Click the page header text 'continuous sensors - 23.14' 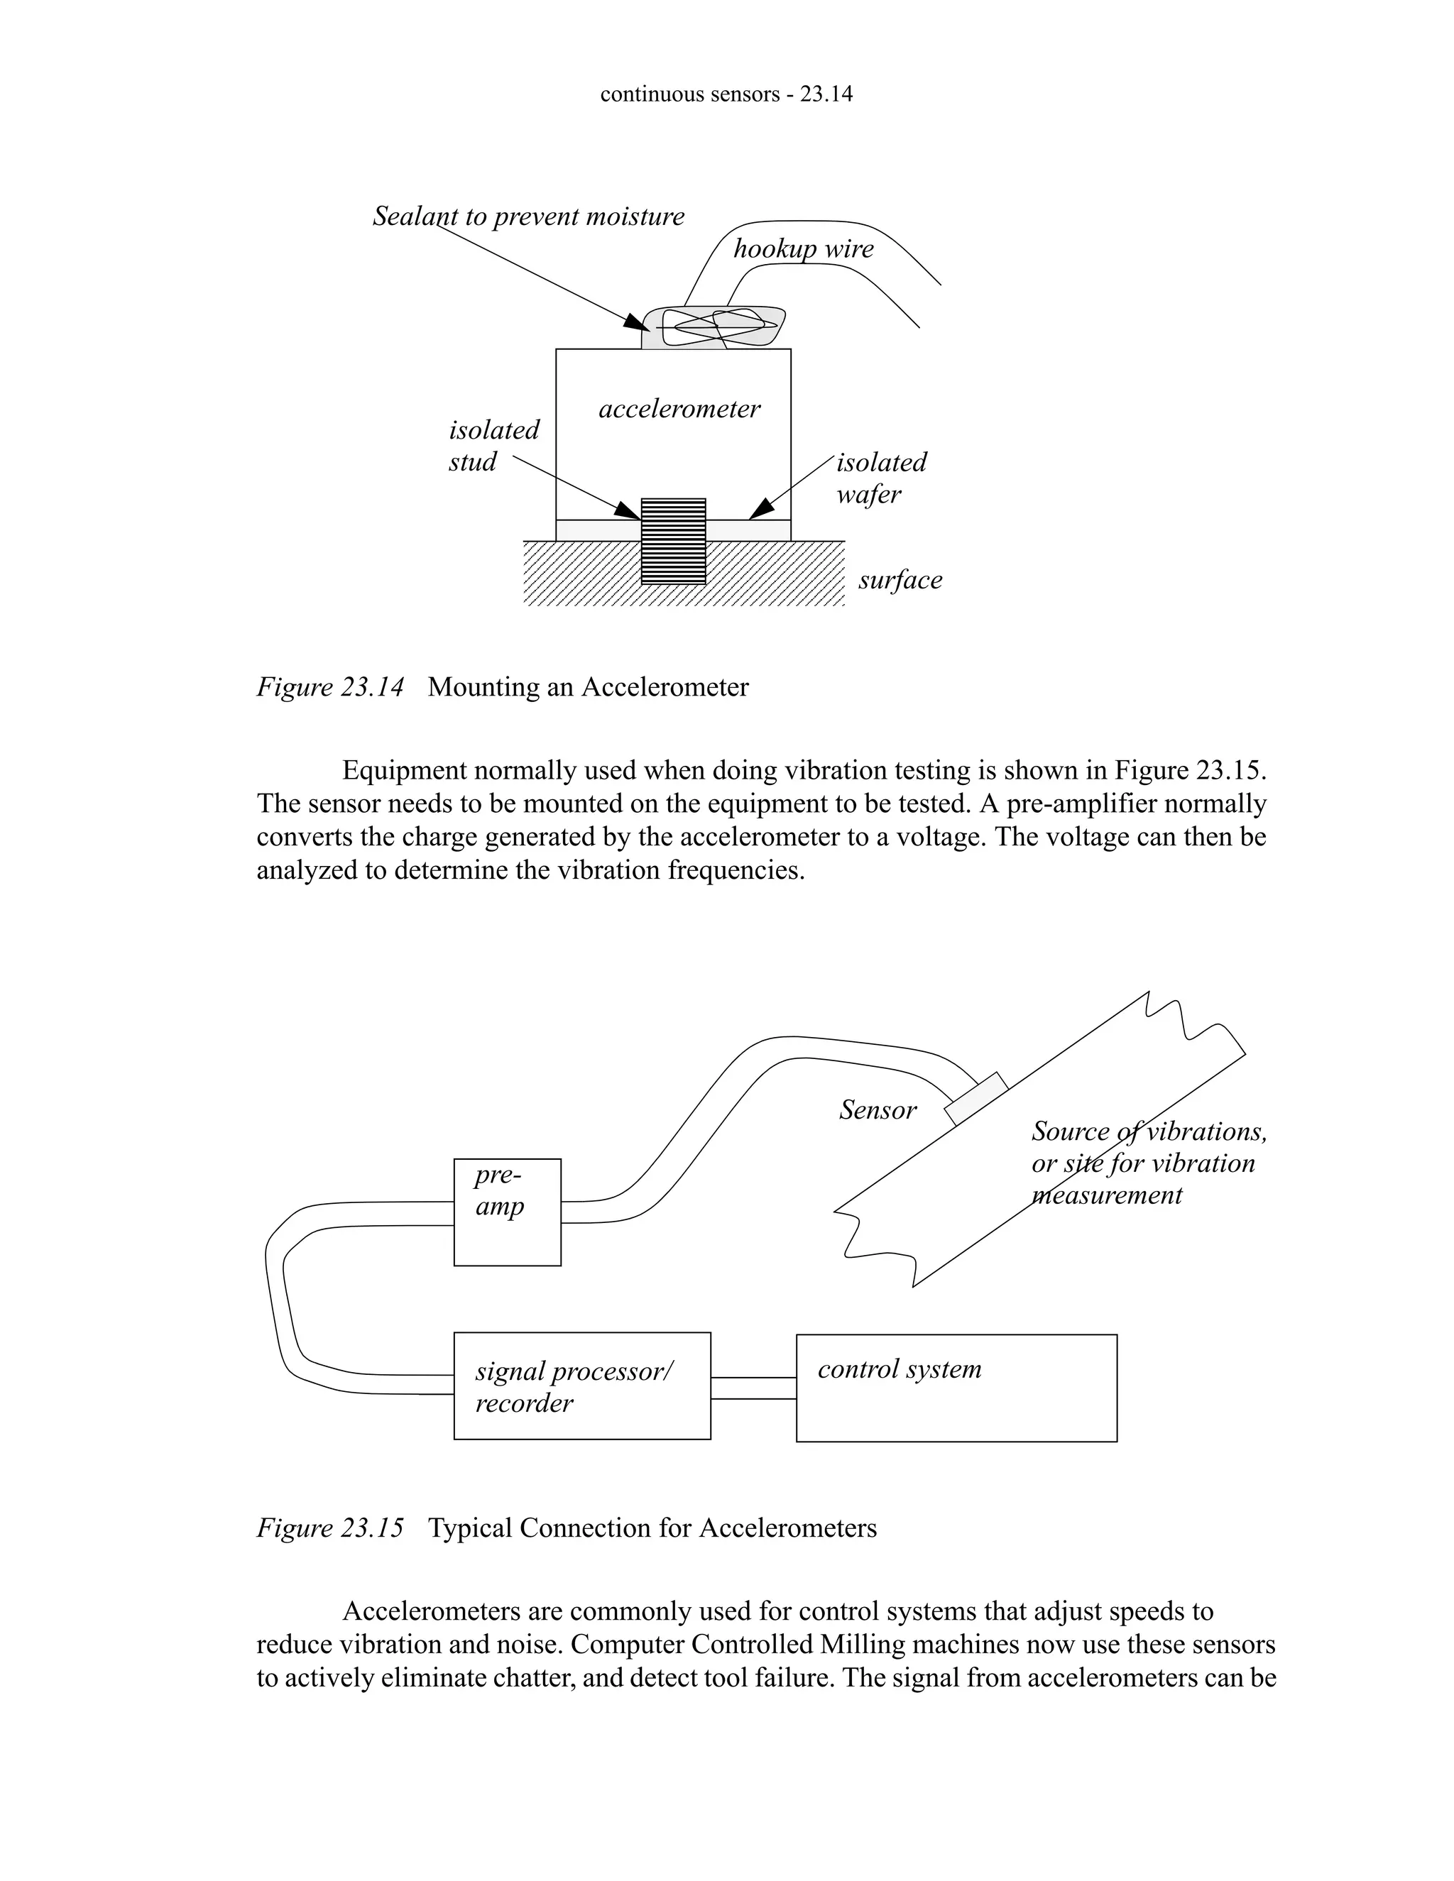[726, 94]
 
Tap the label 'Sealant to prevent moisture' [528, 216]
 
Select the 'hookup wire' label [803, 249]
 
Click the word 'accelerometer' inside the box [679, 408]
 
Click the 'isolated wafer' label [880, 478]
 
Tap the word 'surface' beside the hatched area [900, 580]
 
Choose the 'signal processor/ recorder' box [581, 1387]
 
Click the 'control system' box [956, 1388]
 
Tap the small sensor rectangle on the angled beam [976, 1099]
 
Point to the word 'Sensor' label [878, 1110]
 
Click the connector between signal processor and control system [753, 1388]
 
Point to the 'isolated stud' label [493, 445]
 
